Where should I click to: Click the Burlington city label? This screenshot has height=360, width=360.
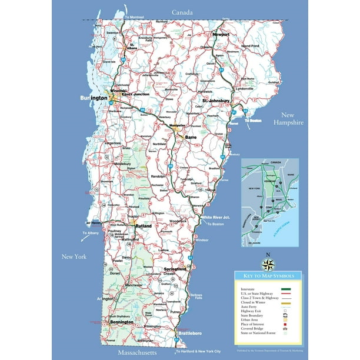pos(94,98)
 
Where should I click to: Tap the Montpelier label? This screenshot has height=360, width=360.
pos(174,125)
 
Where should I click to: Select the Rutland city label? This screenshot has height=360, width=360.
pos(144,226)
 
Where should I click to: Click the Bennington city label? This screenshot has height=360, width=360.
pos(121,322)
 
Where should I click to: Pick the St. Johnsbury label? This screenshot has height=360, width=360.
pos(216,101)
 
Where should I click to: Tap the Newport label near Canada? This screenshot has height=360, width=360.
pos(221,35)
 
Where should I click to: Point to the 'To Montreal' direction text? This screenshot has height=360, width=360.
pos(134,18)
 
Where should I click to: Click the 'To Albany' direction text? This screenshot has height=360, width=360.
pos(91,234)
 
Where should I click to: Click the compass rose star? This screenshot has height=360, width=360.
pos(268,264)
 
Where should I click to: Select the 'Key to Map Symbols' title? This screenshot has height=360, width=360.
pos(268,275)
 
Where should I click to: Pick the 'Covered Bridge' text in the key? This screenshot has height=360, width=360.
pos(252,328)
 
